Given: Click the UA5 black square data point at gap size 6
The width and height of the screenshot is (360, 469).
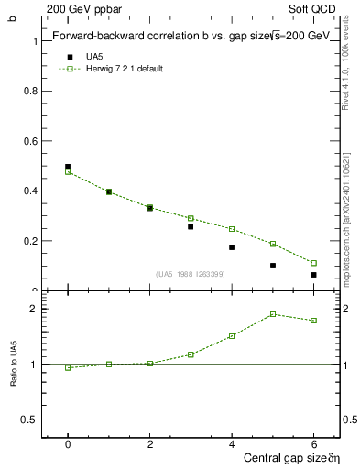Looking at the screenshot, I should (313, 275).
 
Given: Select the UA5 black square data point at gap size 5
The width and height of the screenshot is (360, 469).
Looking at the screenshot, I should (273, 266).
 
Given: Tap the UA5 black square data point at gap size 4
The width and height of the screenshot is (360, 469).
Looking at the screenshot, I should (232, 247).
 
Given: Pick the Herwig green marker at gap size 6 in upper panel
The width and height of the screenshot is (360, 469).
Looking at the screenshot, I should (313, 263).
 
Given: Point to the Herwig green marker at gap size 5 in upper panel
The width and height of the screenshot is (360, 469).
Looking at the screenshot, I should (273, 244).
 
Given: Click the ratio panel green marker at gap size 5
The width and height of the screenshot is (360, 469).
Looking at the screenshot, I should (273, 314).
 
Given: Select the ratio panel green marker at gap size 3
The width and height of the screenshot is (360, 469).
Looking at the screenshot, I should (191, 354).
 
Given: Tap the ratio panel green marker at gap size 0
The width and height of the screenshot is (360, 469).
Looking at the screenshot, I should (68, 368).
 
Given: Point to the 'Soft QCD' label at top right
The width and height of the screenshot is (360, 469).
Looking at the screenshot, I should (315, 7).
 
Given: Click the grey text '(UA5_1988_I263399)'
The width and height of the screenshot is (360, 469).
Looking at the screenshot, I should (190, 274).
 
